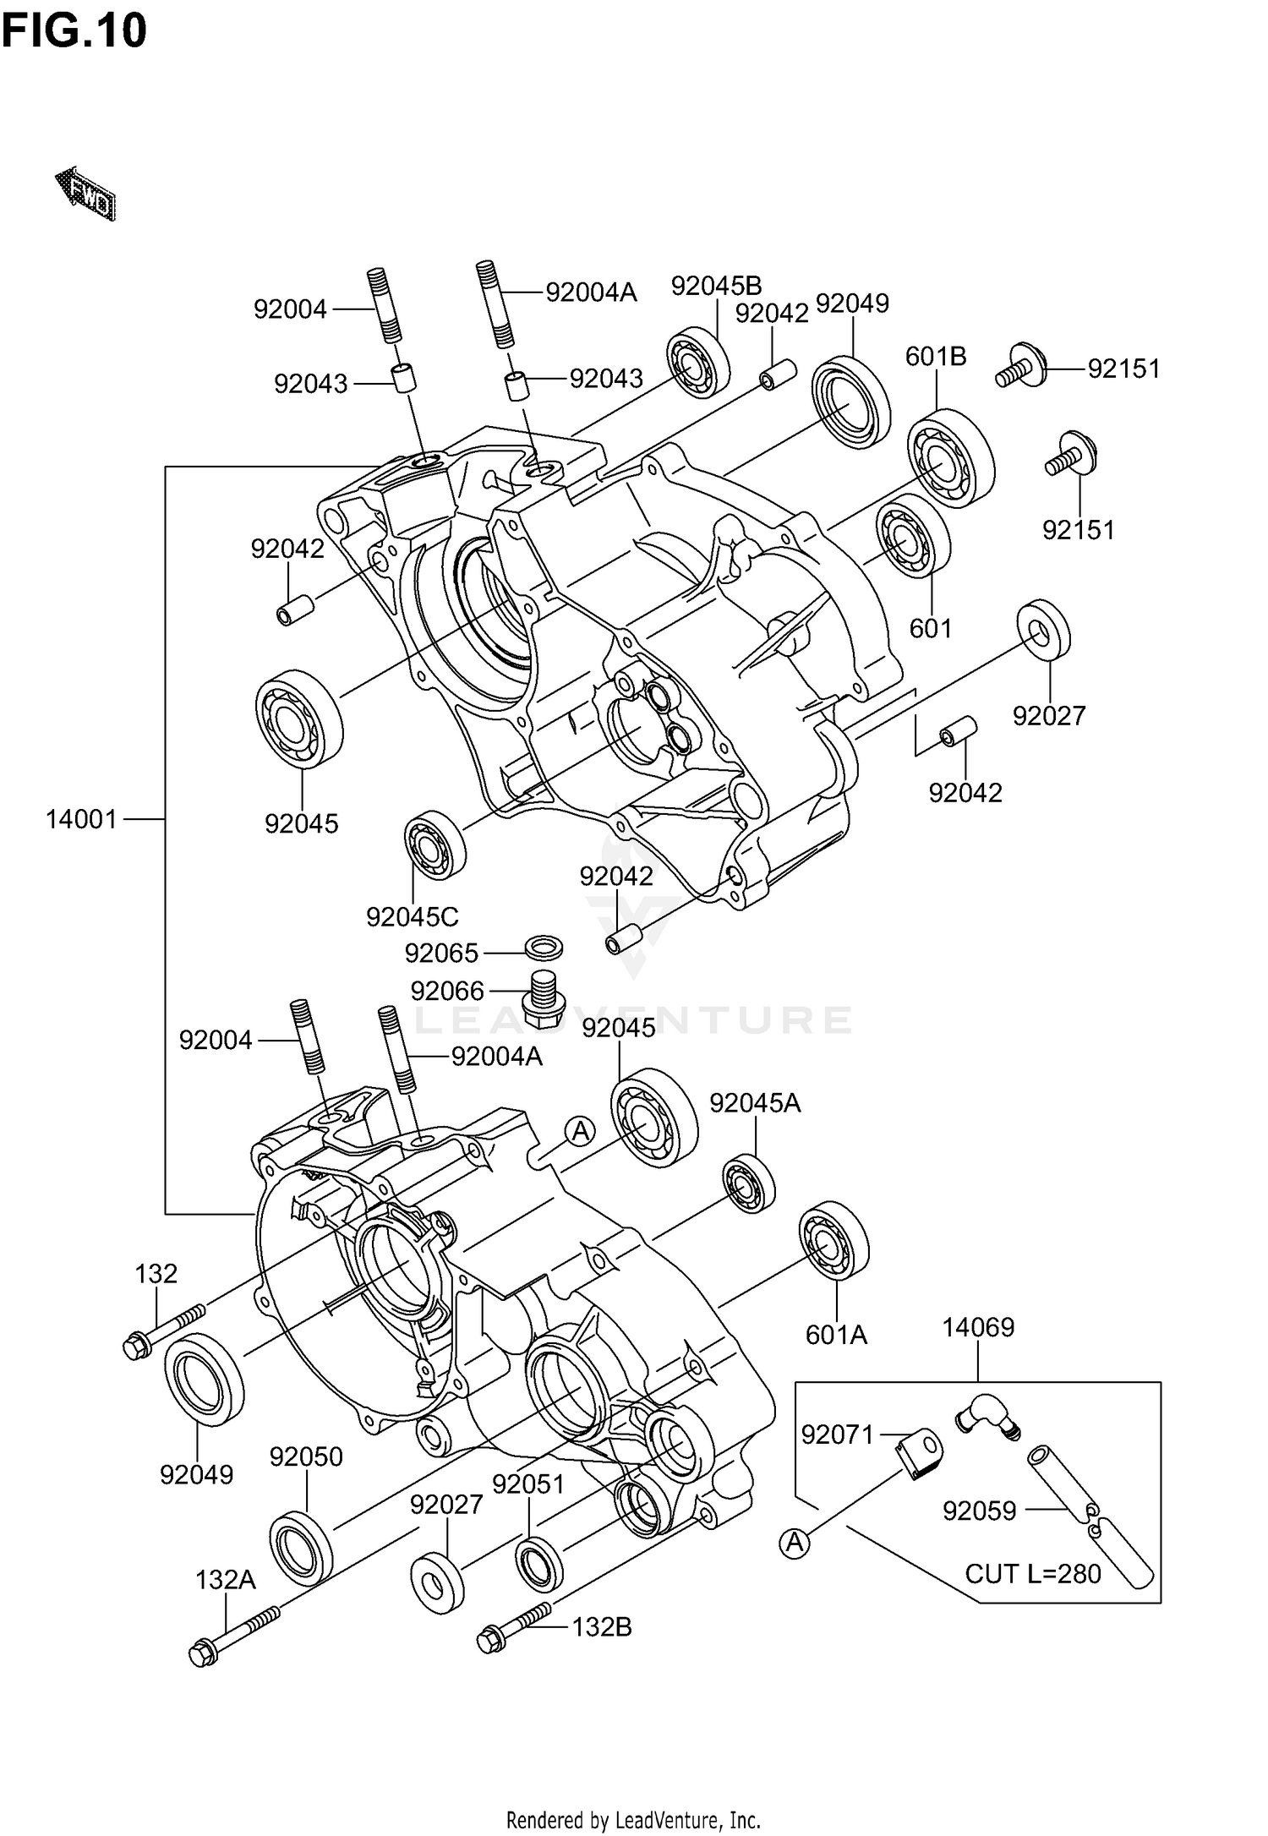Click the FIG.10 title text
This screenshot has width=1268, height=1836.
pyautogui.click(x=74, y=31)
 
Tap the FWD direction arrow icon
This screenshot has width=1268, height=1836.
pyautogui.click(x=85, y=194)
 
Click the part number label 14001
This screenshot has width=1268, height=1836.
pyautogui.click(x=81, y=819)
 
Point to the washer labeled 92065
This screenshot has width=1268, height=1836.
pyautogui.click(x=545, y=948)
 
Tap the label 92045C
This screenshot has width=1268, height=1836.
pyautogui.click(x=413, y=916)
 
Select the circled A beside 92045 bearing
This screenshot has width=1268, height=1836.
pyautogui.click(x=580, y=1131)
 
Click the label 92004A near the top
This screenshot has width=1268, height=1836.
pyautogui.click(x=591, y=292)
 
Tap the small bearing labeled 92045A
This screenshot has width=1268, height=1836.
pyautogui.click(x=749, y=1183)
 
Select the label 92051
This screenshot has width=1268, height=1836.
pyautogui.click(x=528, y=1484)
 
